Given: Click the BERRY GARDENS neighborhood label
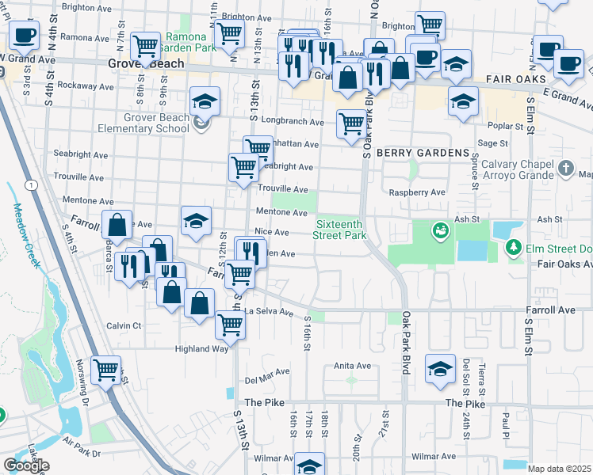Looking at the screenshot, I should point(423,152).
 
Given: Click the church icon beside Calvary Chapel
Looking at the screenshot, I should point(564,168).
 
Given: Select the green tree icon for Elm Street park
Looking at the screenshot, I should point(514,249).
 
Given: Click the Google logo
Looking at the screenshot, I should point(26,465).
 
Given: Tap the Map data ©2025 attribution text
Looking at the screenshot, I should point(560,469).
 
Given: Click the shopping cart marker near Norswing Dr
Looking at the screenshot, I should point(106,370).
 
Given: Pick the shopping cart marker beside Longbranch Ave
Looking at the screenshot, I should point(350,123).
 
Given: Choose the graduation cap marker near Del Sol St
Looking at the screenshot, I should point(440,369).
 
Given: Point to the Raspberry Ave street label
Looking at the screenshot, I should point(418,192).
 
